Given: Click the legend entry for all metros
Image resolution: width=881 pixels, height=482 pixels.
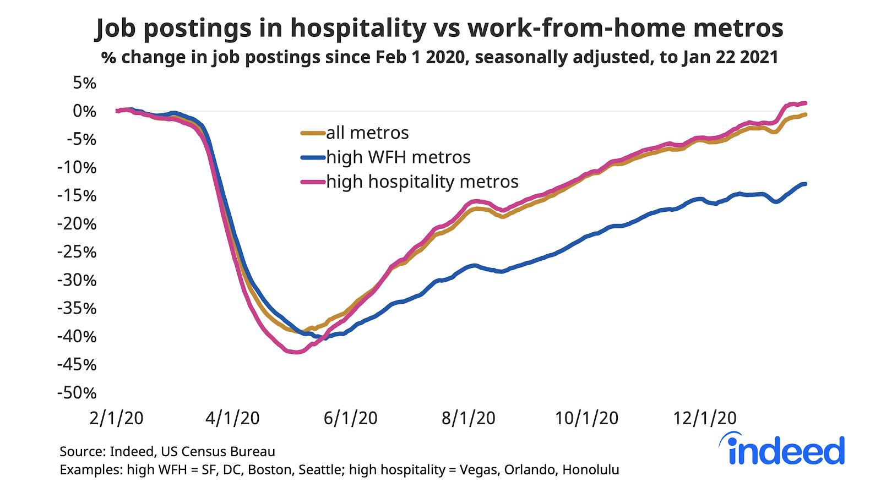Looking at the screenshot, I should [x=367, y=133].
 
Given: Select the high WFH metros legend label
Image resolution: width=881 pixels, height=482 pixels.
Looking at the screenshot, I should [x=398, y=157].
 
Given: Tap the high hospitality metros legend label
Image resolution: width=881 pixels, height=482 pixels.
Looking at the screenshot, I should [x=422, y=182].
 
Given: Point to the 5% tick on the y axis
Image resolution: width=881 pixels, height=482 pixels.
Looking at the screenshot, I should [x=84, y=83].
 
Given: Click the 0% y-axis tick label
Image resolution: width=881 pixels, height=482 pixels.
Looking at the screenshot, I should [x=84, y=111].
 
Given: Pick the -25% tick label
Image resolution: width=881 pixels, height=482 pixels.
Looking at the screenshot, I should [x=77, y=252].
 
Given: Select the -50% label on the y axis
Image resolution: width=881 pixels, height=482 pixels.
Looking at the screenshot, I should [x=77, y=393].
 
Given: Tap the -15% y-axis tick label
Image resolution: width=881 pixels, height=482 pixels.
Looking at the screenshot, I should [x=77, y=196].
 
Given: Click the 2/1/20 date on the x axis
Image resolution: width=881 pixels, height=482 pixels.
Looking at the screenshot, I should [x=116, y=418].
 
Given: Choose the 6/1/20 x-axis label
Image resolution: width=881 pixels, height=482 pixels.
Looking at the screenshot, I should [x=350, y=418].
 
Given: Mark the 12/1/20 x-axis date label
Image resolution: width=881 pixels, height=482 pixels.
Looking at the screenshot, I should [x=704, y=418].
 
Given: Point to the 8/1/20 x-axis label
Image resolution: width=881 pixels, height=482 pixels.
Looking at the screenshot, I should [x=468, y=418].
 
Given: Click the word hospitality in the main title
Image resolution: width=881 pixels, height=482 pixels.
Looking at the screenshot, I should [x=358, y=28].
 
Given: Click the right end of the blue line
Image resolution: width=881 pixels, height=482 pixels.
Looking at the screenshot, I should [x=806, y=184].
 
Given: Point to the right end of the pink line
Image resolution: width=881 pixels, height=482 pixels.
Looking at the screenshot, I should [x=806, y=103].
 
